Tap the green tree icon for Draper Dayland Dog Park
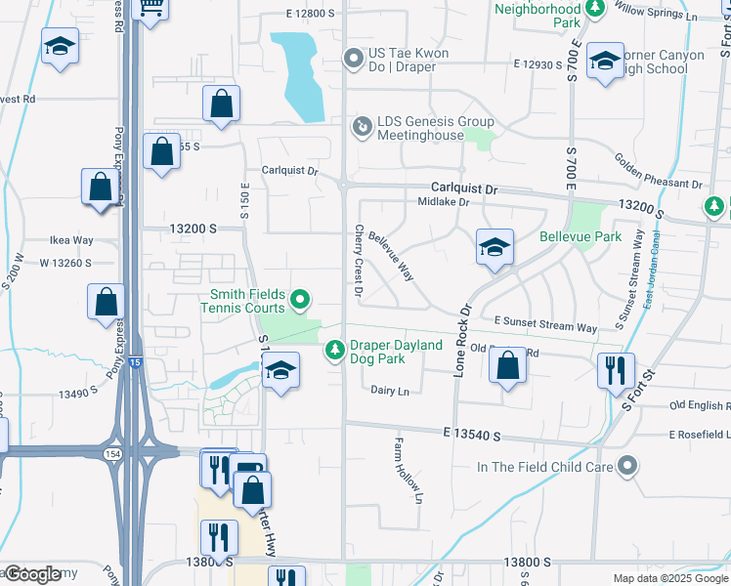334,348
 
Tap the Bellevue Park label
580,237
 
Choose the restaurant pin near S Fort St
616,370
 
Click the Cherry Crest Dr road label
359,261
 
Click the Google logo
33,574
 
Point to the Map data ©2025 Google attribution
669,578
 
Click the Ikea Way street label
71,240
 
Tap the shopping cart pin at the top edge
150,8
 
